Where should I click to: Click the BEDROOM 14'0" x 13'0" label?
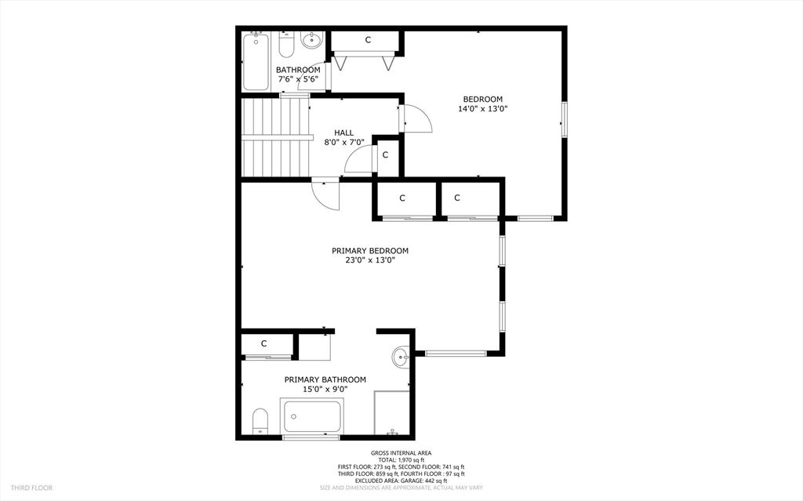click(482, 104)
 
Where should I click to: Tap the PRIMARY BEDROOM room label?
click(369, 256)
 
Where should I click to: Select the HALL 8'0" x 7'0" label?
click(343, 138)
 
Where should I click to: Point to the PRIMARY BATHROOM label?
click(325, 383)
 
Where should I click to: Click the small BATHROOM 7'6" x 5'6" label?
click(297, 74)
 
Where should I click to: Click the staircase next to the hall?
click(274, 137)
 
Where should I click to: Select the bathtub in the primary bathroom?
click(312, 416)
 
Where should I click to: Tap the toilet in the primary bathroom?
click(260, 421)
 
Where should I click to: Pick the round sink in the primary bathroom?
click(401, 358)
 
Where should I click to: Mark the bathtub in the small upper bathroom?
click(256, 61)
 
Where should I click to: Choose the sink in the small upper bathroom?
click(311, 40)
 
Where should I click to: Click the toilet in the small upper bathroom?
click(286, 45)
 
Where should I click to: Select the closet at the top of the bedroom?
click(367, 41)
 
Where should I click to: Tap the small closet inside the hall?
click(385, 155)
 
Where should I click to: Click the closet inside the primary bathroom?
click(265, 344)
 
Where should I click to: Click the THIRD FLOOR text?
click(32, 488)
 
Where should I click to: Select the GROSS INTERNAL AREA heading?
click(401, 453)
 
